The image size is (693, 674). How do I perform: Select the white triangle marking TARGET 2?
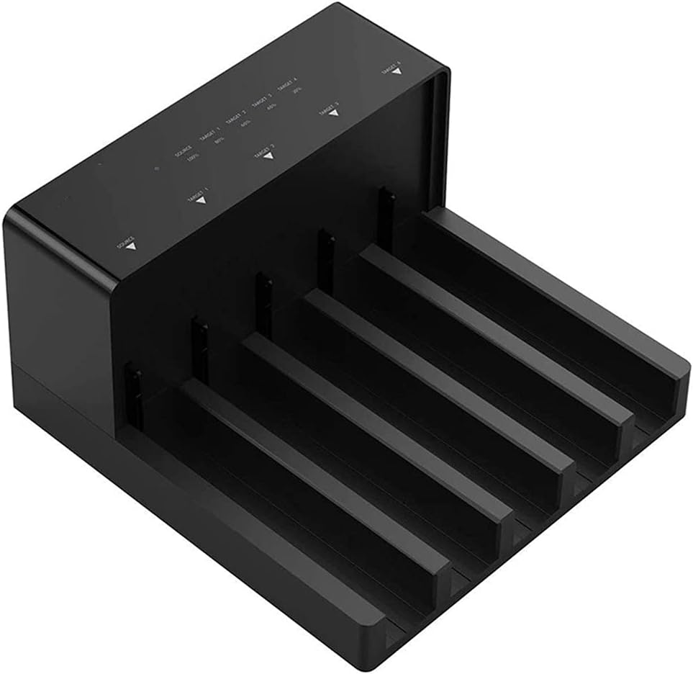268,155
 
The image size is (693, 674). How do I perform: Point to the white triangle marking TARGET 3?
333,112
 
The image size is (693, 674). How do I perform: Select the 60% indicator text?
245,124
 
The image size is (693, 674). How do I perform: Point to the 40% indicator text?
271,107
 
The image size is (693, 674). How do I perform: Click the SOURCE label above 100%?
184,151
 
